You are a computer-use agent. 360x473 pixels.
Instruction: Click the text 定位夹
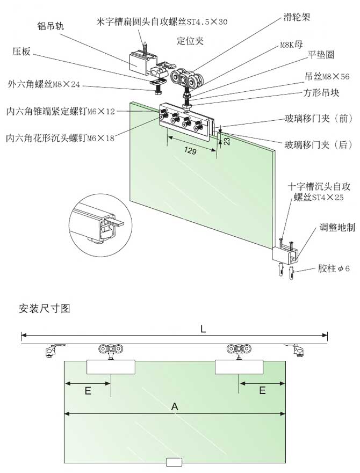pos(190,40)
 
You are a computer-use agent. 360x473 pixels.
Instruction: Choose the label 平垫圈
pos(321,55)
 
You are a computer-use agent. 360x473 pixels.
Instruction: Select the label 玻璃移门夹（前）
pos(318,119)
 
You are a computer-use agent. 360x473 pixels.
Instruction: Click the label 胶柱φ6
pos(333,268)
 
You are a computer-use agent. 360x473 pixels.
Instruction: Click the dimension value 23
pos(226,141)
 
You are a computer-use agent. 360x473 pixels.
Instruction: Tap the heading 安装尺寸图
pos(44,309)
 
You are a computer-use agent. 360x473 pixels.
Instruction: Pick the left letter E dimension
pos(88,391)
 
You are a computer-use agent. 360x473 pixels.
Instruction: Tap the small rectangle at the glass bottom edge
pos(175,462)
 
